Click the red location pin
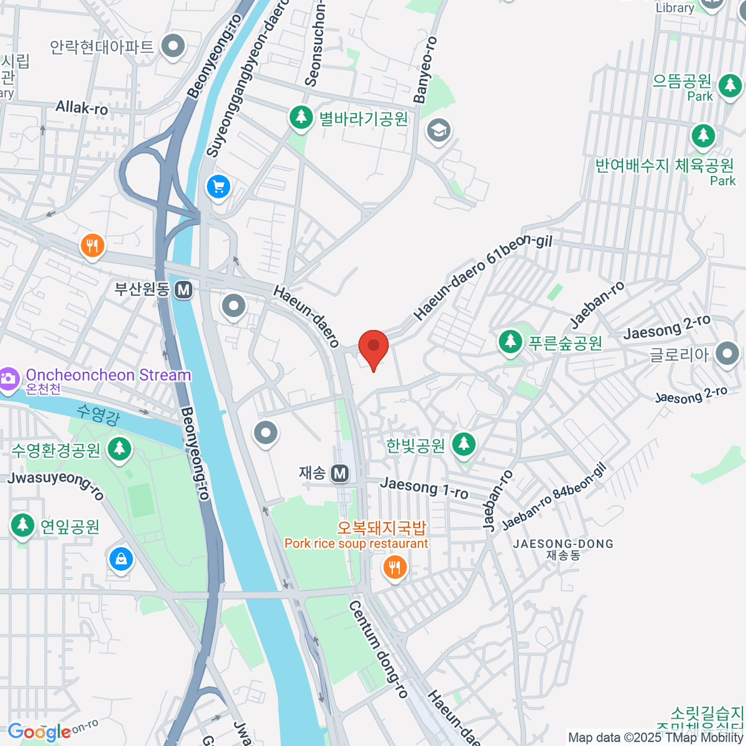click(x=373, y=346)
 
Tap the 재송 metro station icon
click(x=339, y=474)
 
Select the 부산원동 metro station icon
click(x=183, y=290)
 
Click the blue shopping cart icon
click(x=218, y=186)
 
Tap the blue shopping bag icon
click(x=121, y=559)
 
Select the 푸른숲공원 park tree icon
click(x=510, y=341)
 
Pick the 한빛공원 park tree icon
click(x=463, y=444)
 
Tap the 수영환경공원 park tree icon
click(x=119, y=448)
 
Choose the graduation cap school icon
click(x=439, y=130)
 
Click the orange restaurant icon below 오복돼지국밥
click(x=395, y=566)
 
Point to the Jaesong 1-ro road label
click(x=424, y=487)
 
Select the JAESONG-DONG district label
click(x=563, y=544)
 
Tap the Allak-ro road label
click(x=81, y=108)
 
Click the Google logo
click(x=39, y=732)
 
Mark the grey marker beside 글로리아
click(x=727, y=354)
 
